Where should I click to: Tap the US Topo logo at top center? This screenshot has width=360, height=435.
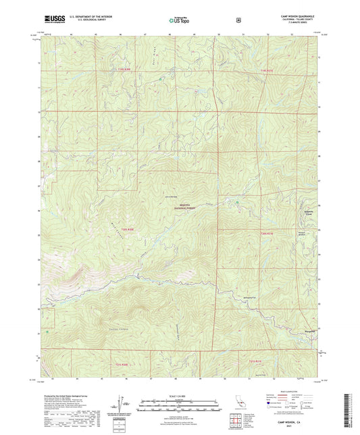(179, 21)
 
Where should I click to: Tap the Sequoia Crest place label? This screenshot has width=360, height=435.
(307, 213)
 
